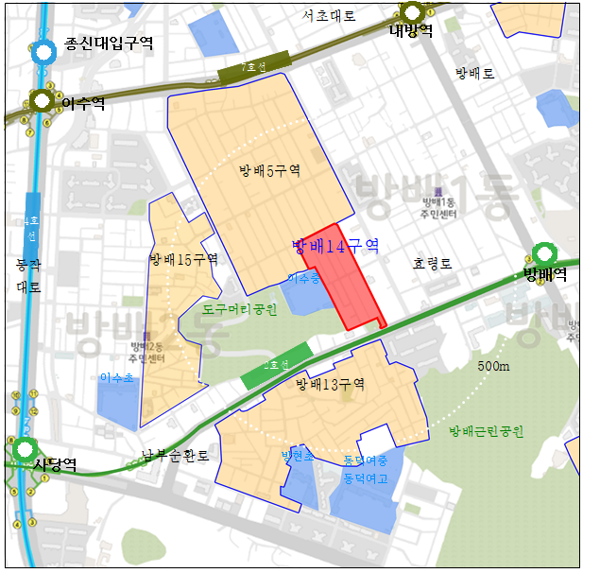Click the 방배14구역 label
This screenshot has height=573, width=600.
tap(335, 247)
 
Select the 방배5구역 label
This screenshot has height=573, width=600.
tap(269, 171)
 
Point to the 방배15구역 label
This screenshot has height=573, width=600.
tap(183, 259)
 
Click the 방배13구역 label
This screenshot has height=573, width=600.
tap(330, 384)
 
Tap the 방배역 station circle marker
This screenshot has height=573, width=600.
tap(544, 254)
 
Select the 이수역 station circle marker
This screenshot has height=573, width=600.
tap(41, 101)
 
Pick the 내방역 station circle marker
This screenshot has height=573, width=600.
tap(412, 11)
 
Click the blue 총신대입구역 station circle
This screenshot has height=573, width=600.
tap(43, 52)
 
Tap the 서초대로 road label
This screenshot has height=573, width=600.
tap(329, 16)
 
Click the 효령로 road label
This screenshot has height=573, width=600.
tap(432, 264)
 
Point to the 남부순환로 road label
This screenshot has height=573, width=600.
tap(175, 455)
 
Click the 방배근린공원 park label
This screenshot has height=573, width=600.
tap(486, 431)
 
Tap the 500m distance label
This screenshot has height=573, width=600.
tap(493, 366)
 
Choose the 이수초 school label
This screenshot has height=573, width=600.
tap(116, 377)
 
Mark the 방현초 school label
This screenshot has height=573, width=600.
tap(296, 456)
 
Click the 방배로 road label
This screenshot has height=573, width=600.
tap(474, 73)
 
